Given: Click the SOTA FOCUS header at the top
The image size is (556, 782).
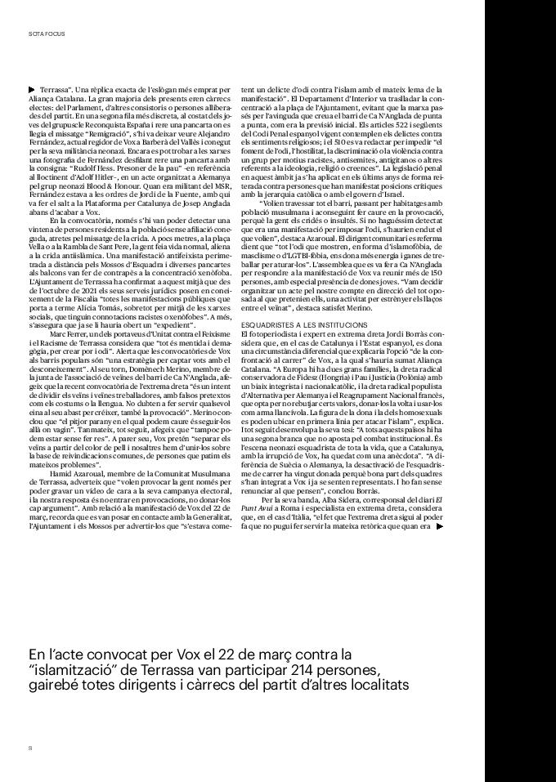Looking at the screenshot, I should tap(41, 34).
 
